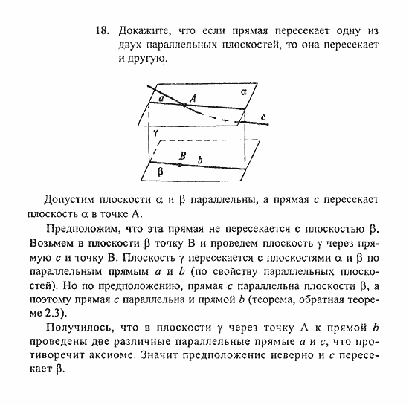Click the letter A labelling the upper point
[192, 97]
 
